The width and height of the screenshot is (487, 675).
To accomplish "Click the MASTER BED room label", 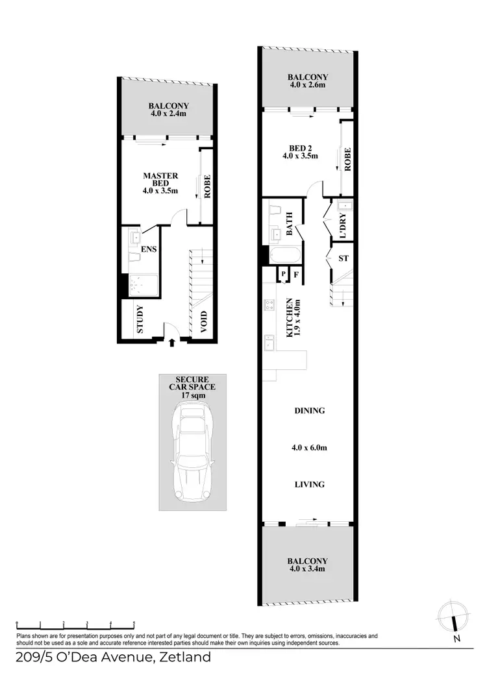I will (x=160, y=180).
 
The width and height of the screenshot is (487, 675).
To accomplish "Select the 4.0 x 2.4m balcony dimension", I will (x=168, y=114).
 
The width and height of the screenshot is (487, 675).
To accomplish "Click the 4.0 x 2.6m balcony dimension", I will (x=308, y=84).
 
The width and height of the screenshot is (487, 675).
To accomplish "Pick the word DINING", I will (x=309, y=411).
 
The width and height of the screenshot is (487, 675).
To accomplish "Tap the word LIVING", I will (x=309, y=484).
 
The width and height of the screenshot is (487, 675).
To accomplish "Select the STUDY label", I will (x=140, y=320).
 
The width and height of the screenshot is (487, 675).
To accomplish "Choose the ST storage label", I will (x=343, y=258).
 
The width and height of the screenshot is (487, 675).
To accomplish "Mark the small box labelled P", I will (x=284, y=275).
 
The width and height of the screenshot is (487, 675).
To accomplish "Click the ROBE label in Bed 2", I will (x=348, y=159).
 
